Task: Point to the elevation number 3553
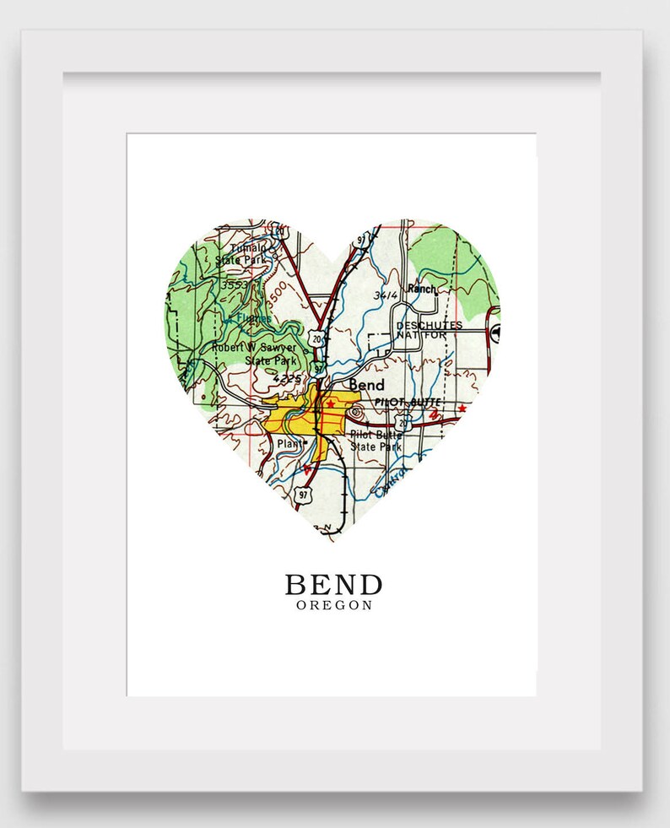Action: tap(232, 286)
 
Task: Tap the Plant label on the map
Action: tap(290, 441)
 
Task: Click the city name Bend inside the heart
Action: tap(366, 385)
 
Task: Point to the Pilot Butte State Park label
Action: tap(376, 440)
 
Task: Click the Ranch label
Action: tap(421, 289)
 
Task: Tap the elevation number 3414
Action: tap(384, 295)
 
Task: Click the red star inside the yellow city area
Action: tap(331, 405)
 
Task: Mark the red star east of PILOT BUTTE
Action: tap(462, 409)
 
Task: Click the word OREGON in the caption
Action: tap(334, 605)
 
